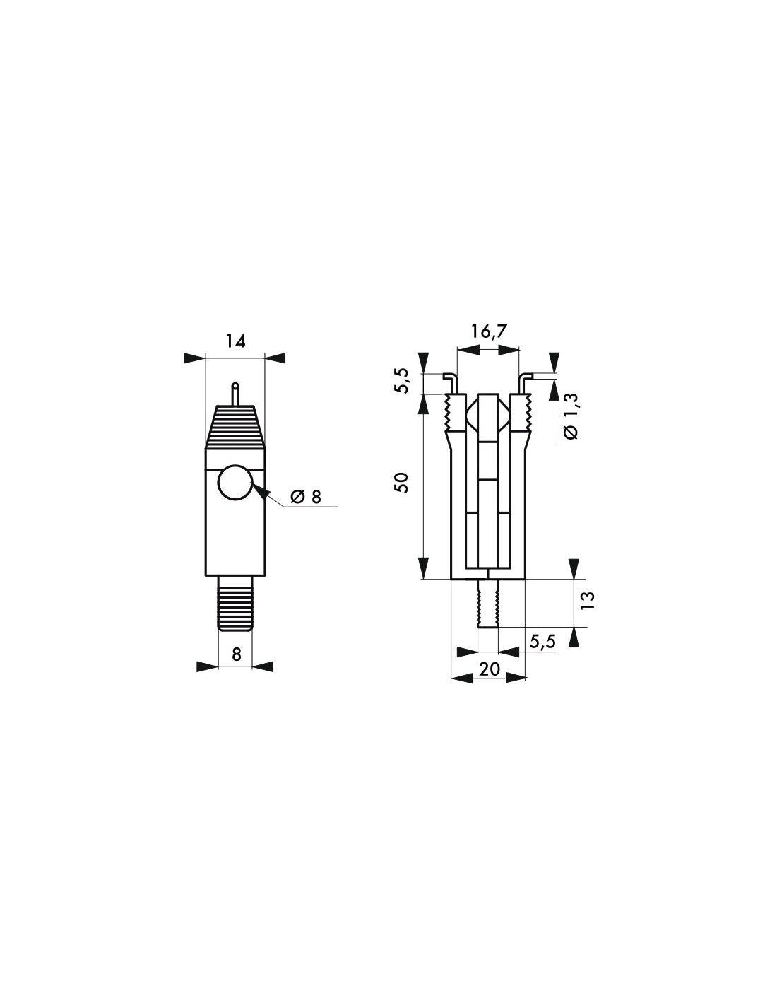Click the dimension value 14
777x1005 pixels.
pyautogui.click(x=235, y=341)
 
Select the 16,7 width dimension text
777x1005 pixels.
pyautogui.click(x=489, y=331)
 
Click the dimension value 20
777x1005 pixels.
pyautogui.click(x=489, y=668)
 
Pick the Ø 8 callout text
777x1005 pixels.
pyautogui.click(x=306, y=497)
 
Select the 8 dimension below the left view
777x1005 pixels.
pyautogui.click(x=236, y=655)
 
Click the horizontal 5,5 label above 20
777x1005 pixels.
pyautogui.click(x=542, y=641)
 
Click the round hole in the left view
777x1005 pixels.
pyautogui.click(x=235, y=484)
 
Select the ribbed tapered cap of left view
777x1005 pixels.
pyautogui.click(x=235, y=428)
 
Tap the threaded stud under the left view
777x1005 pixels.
pyautogui.click(x=235, y=603)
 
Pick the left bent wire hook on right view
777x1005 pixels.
pyautogui.click(x=451, y=382)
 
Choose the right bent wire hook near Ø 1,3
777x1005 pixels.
pyautogui.click(x=525, y=382)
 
